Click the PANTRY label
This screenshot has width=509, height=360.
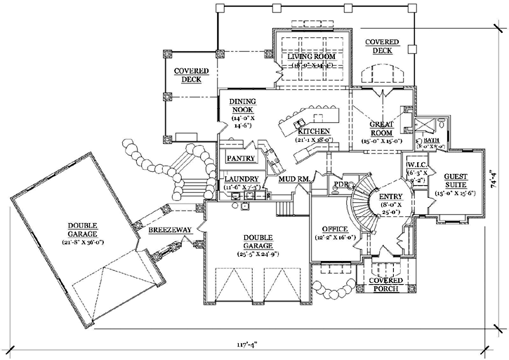(241, 159)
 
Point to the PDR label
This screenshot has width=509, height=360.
(341, 185)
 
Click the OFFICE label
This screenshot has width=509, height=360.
(336, 229)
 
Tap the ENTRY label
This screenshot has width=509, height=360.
(390, 197)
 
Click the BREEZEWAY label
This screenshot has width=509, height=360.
(166, 230)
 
